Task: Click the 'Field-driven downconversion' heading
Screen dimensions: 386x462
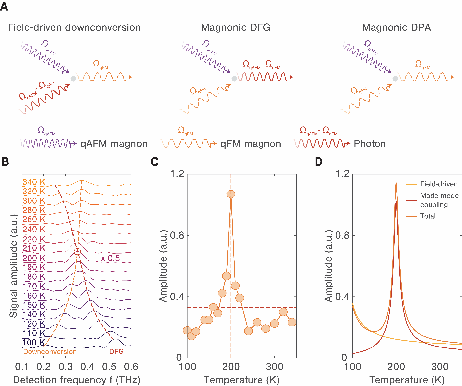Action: [x=74, y=27]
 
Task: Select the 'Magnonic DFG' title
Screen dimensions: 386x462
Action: [x=236, y=27]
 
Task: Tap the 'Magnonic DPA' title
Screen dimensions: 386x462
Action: [x=396, y=27]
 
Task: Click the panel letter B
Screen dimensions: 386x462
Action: [x=5, y=162]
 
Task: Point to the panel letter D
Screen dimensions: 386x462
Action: [x=318, y=162]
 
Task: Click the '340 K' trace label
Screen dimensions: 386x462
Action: [x=34, y=182]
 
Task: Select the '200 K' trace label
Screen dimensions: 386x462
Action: [x=34, y=258]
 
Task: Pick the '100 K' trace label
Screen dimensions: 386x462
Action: [x=33, y=342]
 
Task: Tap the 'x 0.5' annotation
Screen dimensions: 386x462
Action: [x=110, y=258]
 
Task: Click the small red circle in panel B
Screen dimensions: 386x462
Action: [x=77, y=252]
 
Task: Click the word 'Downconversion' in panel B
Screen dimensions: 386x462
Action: [x=50, y=352]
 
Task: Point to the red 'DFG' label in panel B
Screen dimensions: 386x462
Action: [x=116, y=352]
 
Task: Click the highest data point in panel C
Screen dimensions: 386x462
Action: [x=231, y=194]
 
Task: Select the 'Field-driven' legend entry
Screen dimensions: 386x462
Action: [x=438, y=184]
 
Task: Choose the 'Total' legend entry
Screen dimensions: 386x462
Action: [x=428, y=216]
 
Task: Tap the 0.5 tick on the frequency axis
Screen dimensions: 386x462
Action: [x=109, y=367]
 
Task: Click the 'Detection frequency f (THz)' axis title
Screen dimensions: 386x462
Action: [x=77, y=380]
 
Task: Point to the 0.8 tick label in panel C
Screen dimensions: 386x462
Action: [x=177, y=235]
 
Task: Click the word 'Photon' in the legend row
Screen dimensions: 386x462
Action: [x=370, y=144]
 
